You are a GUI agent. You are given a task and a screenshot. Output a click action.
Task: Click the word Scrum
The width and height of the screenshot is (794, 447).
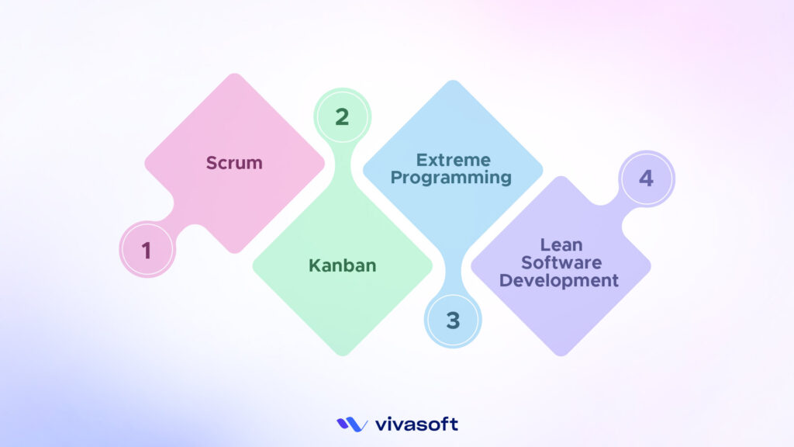point(234,163)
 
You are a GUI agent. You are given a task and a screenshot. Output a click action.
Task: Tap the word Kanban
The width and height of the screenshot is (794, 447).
point(342,265)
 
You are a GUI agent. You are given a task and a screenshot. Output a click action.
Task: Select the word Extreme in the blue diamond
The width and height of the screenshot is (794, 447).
point(453,161)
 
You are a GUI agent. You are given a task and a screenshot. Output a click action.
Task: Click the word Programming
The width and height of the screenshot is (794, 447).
point(451,178)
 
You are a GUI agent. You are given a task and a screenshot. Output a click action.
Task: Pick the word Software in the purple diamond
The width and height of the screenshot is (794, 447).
point(560,263)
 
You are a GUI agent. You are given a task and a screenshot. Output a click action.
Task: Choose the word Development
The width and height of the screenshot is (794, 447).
point(559,280)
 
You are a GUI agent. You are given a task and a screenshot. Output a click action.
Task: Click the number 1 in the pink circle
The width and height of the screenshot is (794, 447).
point(146,251)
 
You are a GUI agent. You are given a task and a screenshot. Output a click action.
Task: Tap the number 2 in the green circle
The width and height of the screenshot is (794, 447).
point(341,117)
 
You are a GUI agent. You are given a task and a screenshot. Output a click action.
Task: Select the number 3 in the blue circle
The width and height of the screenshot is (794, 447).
point(453,320)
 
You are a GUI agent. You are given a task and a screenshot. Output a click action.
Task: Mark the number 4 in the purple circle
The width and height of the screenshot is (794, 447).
point(646,178)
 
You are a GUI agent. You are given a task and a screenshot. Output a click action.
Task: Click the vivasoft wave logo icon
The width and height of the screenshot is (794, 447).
point(351,424)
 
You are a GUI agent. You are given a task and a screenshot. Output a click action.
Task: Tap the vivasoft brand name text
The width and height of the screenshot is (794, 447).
point(416,424)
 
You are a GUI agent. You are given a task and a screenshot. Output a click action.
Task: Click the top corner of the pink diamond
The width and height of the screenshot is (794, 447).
point(234,74)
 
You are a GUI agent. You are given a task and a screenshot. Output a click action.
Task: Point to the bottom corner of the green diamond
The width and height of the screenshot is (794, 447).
point(342,355)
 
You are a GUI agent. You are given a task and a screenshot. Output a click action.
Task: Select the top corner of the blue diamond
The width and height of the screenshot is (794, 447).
point(453,81)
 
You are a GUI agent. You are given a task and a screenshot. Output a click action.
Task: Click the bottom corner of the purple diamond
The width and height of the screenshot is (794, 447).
point(560,355)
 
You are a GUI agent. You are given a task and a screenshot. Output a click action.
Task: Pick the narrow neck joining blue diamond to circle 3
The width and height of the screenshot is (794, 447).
point(453,275)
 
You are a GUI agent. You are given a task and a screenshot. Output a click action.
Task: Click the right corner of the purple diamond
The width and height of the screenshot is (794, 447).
point(650,265)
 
